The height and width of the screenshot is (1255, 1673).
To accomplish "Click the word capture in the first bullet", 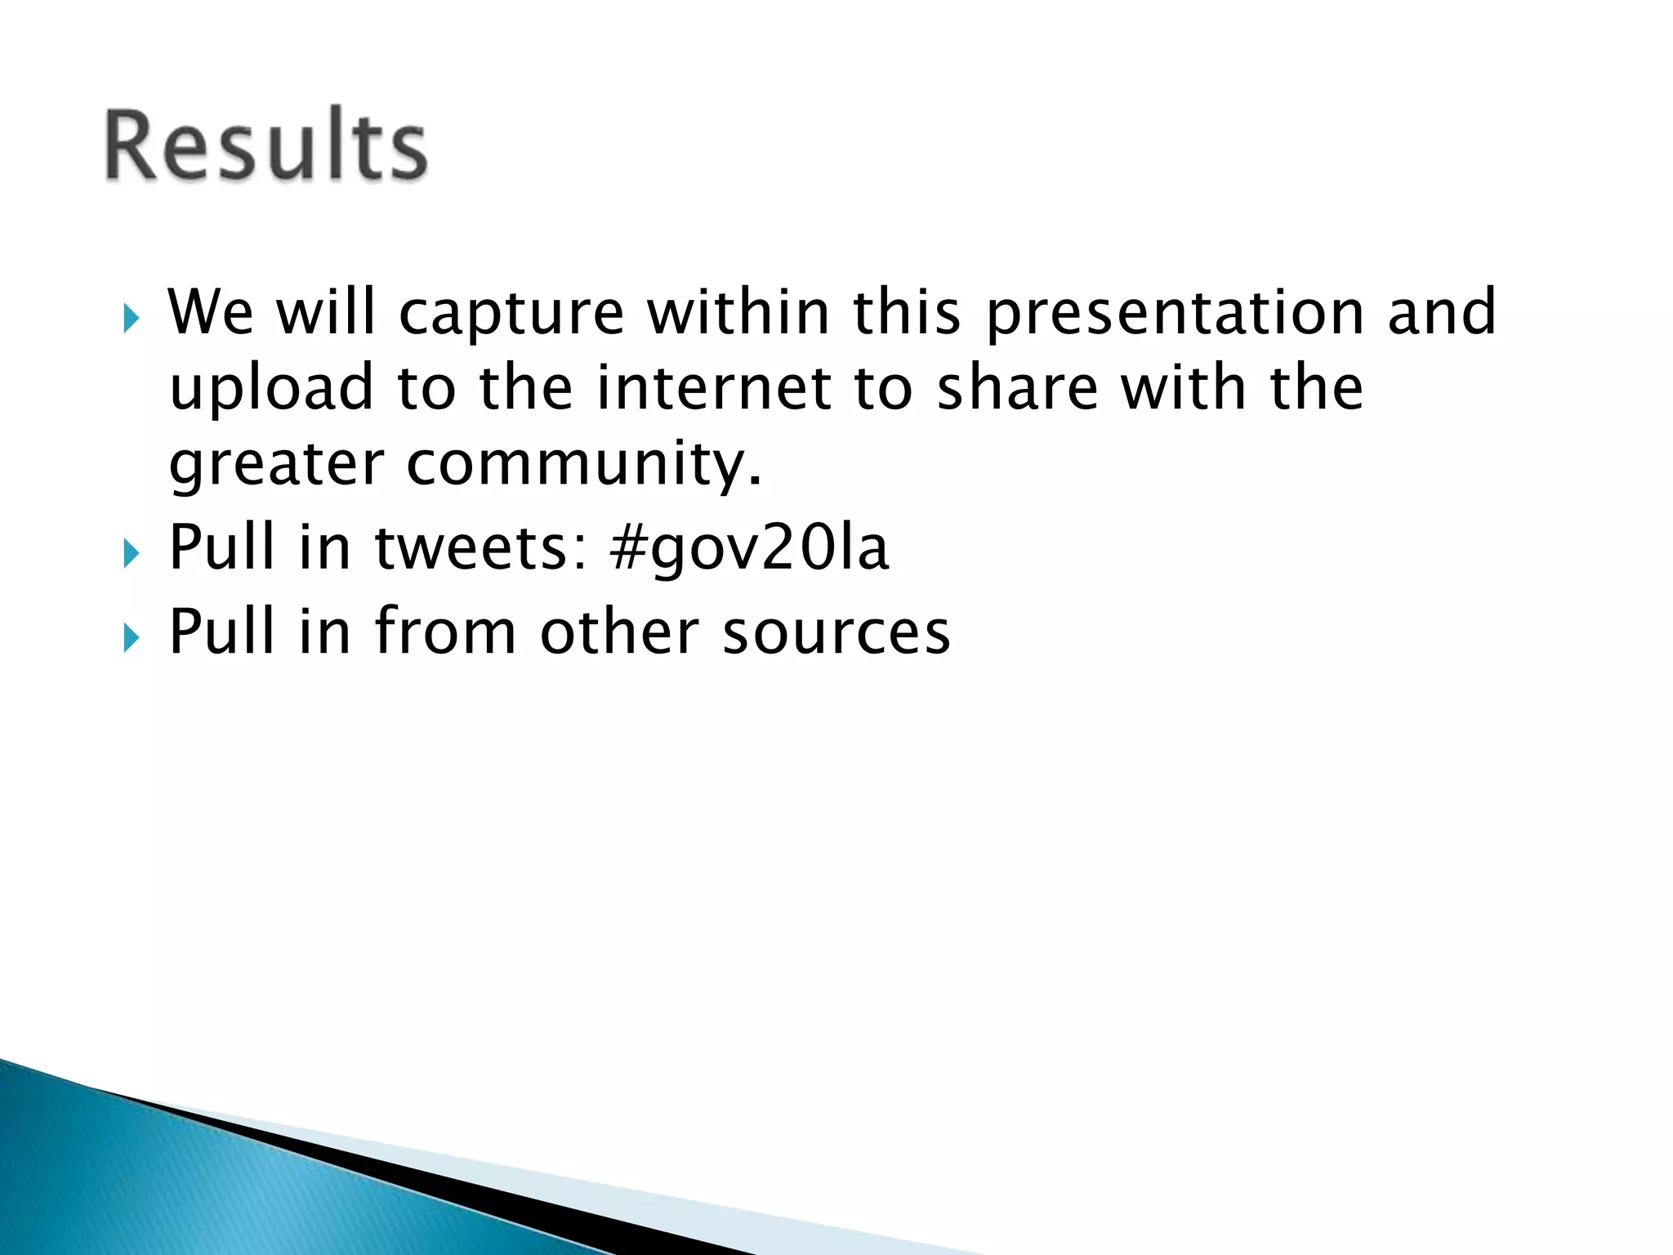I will (x=511, y=315).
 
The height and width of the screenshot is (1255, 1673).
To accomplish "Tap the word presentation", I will (x=1175, y=315).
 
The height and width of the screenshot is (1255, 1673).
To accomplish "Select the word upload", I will (x=271, y=391).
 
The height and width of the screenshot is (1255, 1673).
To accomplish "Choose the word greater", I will (x=276, y=466).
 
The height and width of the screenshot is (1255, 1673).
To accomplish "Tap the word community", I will (x=583, y=466).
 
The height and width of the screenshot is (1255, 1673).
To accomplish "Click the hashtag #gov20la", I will (x=748, y=549).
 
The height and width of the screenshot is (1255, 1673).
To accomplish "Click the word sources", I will (x=836, y=633).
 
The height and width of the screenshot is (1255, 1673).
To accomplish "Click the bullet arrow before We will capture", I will (x=131, y=318).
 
